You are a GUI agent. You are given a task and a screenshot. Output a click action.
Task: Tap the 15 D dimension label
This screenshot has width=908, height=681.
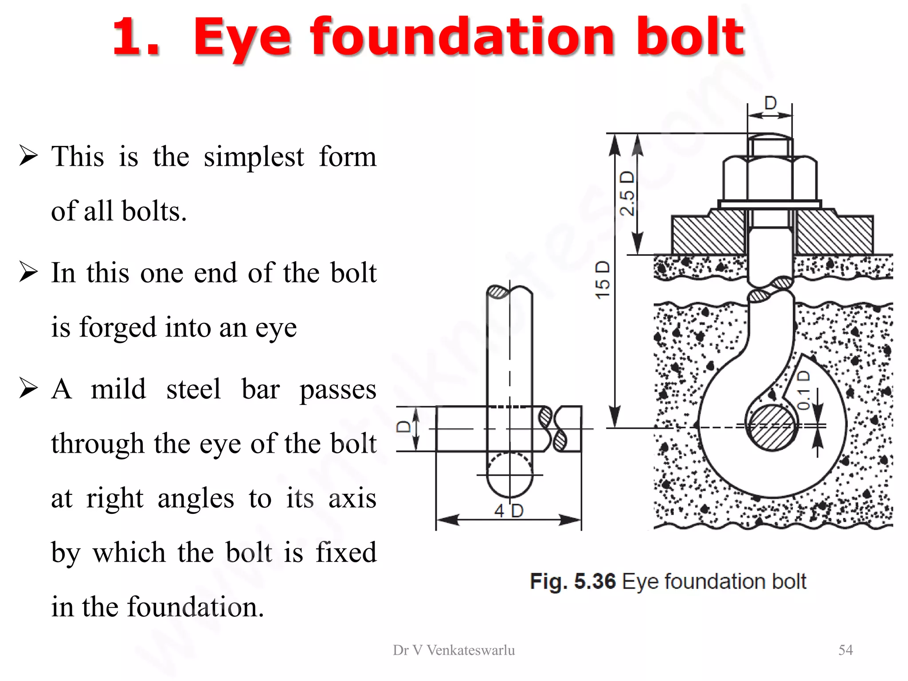pos(603,280)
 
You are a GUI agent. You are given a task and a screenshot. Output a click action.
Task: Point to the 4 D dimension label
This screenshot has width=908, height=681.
pos(509,511)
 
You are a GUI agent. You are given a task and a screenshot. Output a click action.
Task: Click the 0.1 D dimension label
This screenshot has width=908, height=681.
pos(804,390)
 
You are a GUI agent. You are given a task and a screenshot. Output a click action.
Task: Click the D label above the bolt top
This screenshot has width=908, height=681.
pos(771,103)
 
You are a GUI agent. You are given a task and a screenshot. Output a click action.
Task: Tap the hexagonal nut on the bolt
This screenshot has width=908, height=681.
pos(770,180)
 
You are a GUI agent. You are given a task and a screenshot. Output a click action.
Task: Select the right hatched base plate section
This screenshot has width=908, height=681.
pos(834,233)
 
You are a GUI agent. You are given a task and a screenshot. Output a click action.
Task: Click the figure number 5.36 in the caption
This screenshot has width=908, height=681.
pos(595,581)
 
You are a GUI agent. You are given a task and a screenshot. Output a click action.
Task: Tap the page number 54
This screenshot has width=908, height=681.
pos(845,650)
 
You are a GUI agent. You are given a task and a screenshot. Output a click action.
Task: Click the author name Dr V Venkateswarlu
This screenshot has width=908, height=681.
pos(454,650)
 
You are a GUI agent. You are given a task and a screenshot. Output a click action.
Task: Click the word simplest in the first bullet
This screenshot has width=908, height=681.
pos(254,157)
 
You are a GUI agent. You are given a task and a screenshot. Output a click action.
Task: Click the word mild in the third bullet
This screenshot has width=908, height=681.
pos(118,389)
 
